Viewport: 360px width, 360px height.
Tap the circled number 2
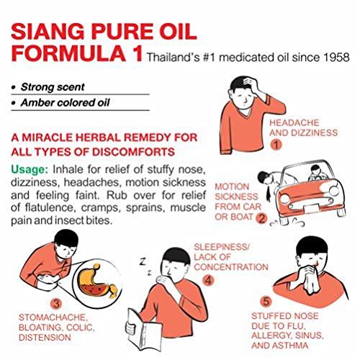(261, 217)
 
